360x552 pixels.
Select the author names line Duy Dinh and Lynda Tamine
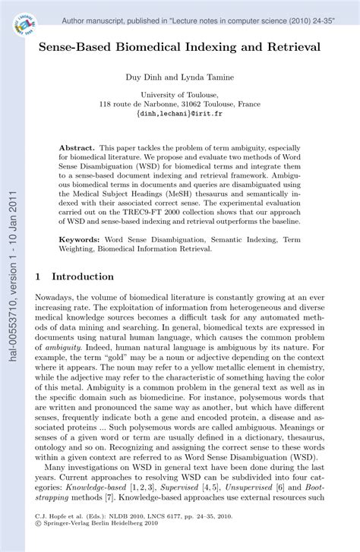179,77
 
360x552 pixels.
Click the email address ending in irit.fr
179,114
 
